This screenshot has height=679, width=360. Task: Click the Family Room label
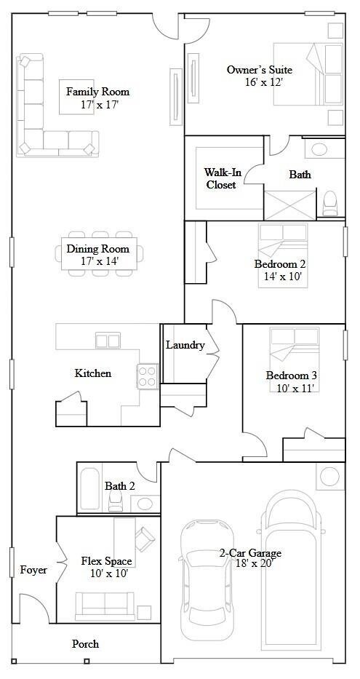click(97, 92)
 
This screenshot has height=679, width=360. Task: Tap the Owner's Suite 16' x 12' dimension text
click(263, 83)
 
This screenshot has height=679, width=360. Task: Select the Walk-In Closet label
click(220, 178)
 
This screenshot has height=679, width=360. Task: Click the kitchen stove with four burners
click(148, 376)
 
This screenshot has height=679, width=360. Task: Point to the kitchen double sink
click(108, 340)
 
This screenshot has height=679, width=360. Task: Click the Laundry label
click(185, 345)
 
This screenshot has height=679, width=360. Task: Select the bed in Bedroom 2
click(283, 245)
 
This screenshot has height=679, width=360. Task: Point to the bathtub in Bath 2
click(90, 489)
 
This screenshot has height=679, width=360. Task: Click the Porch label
click(85, 644)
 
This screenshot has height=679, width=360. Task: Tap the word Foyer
click(33, 570)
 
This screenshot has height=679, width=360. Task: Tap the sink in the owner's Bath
click(320, 151)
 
